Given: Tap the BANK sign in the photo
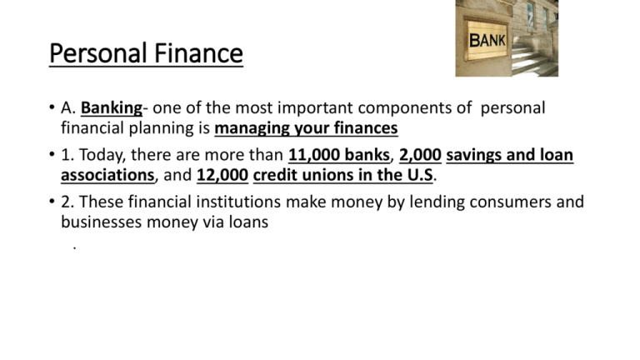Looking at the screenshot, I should coord(487,40).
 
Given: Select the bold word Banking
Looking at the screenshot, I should coord(112,108).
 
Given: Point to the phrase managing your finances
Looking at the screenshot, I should coord(306,128).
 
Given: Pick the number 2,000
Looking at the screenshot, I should coord(420,156).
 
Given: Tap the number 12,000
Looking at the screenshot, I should coord(222,176).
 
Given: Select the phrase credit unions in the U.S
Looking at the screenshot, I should coord(343,176).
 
